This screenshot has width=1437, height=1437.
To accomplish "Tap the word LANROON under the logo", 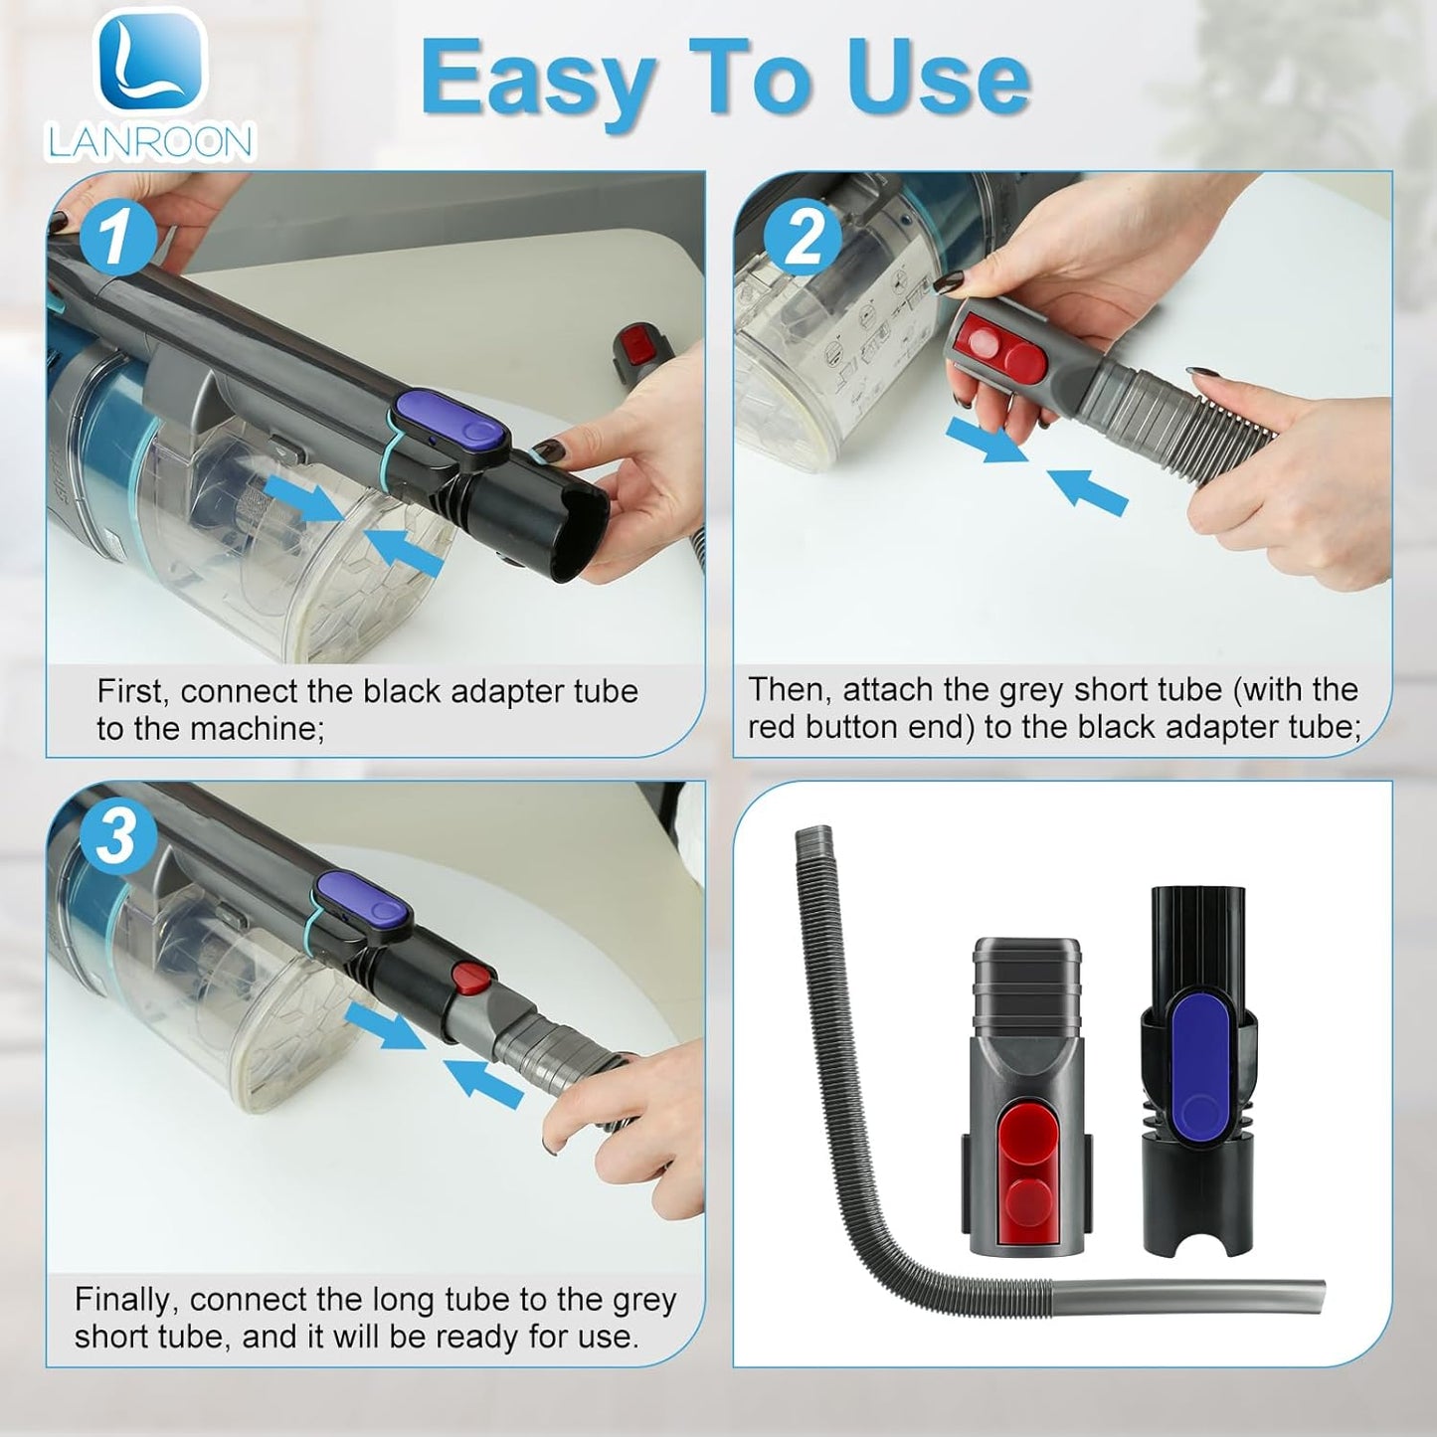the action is pyautogui.click(x=151, y=141).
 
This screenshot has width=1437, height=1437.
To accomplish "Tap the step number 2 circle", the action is pyautogui.click(x=803, y=237).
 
